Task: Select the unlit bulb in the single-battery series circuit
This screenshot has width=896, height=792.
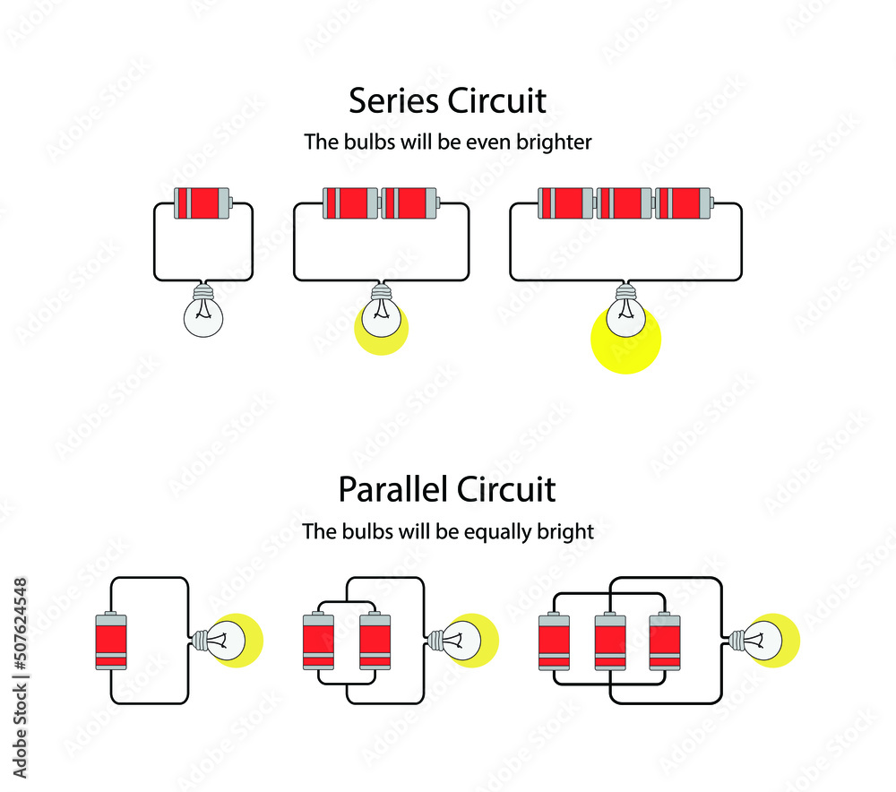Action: tap(204, 314)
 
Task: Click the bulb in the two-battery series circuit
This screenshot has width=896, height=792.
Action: tap(383, 315)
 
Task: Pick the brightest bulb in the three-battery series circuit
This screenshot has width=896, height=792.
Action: tap(625, 318)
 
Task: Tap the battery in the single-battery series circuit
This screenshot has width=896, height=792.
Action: tap(203, 203)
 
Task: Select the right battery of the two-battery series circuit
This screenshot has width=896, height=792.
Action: tap(410, 203)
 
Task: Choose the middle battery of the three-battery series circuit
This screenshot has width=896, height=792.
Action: tap(625, 203)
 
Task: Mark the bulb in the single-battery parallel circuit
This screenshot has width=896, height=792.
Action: tap(231, 639)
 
